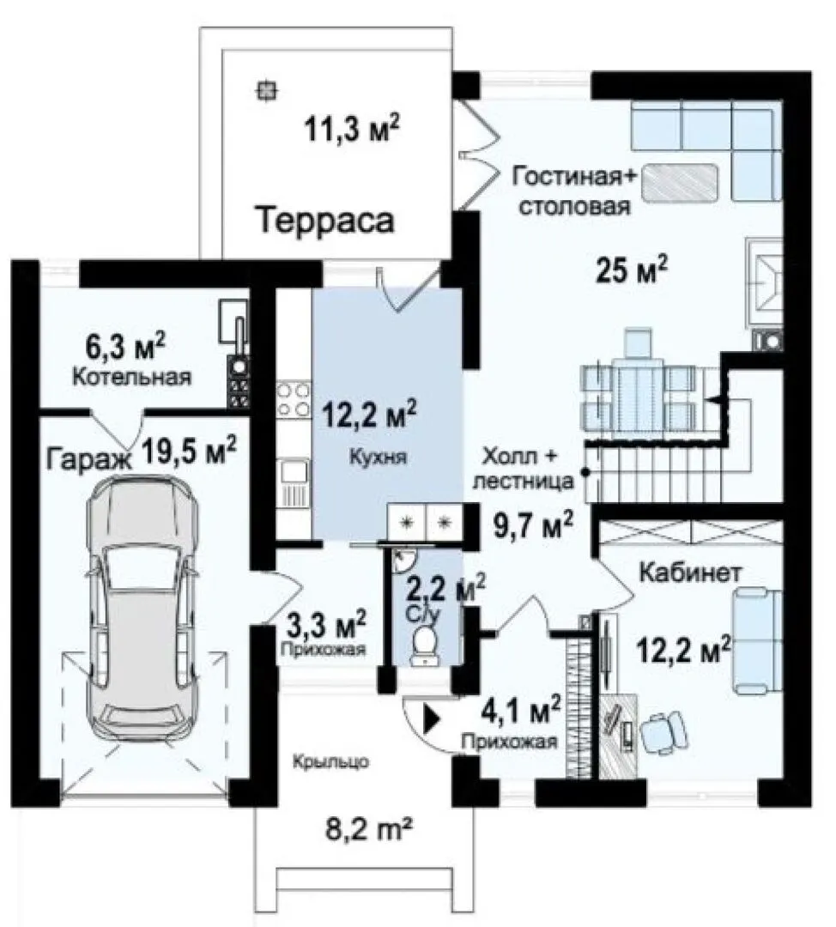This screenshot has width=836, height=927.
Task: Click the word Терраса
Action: tap(326, 220)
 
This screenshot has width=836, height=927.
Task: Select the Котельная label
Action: tap(132, 377)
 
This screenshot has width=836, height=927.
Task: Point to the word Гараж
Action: tap(89, 459)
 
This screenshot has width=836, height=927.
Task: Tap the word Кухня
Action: tap(378, 457)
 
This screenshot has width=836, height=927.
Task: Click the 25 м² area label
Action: tap(632, 270)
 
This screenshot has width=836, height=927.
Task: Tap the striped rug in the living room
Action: tap(680, 180)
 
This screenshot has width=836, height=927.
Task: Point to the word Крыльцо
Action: tap(331, 762)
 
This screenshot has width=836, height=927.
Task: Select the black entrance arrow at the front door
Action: tap(433, 719)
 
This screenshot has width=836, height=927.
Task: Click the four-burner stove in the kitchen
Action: tap(294, 400)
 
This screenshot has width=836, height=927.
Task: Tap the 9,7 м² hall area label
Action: tap(533, 525)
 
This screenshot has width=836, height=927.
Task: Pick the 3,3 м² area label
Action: tap(326, 624)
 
